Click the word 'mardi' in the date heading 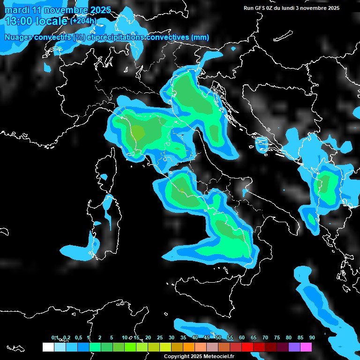tap(16, 10)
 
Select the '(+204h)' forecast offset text tap(83, 21)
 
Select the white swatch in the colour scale tap(48, 347)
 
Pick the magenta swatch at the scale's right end tap(306, 347)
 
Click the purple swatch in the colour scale tap(294, 347)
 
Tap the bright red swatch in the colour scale tap(247, 347)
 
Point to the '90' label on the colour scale tap(312, 337)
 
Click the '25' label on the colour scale tap(160, 337)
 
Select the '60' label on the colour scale tap(242, 337)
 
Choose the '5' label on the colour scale tap(112, 337)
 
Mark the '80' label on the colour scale tap(289, 337)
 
